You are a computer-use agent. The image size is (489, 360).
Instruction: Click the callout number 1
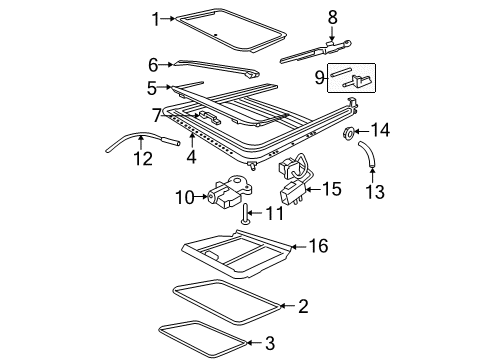[x=156, y=17]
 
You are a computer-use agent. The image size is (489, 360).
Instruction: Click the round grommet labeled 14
[x=350, y=132]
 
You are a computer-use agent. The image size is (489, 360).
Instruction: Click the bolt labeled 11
[x=244, y=213]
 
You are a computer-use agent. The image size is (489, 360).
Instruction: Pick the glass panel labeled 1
[x=220, y=30]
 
